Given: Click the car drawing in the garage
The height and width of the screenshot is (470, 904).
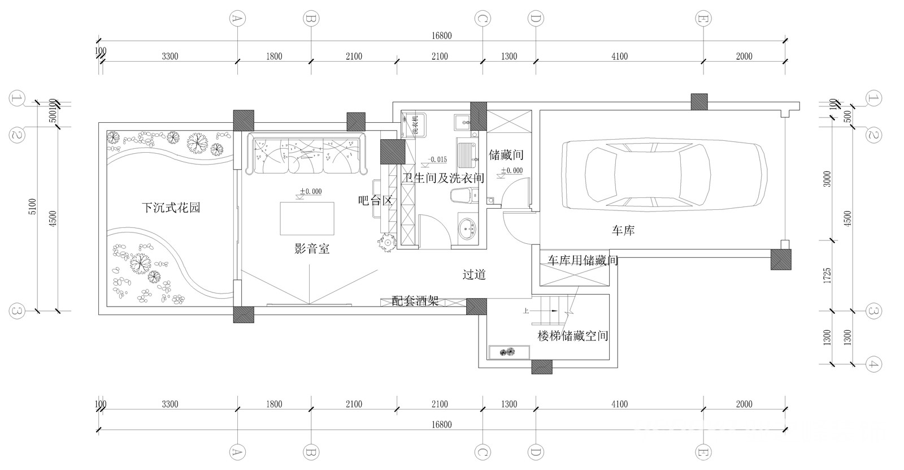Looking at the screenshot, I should pos(665,175).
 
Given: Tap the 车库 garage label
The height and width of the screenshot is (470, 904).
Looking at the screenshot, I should pos(623,231).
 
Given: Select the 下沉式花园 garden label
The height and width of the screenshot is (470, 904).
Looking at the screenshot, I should pos(171,208).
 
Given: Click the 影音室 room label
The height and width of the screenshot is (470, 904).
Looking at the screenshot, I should pos(312,248).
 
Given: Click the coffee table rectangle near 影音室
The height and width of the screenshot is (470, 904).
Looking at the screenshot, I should pos(307,218).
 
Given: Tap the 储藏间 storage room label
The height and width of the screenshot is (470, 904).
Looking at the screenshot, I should pos(506,154).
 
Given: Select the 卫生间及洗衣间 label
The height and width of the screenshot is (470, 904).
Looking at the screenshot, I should pos(443,178).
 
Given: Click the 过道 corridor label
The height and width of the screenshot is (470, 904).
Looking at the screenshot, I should pos(474,275).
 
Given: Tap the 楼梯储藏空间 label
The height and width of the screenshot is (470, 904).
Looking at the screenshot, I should pos(573,336).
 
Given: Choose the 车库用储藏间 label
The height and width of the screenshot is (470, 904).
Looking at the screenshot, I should pos(583,261).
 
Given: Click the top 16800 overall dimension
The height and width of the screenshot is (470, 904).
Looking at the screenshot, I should pos(442,36).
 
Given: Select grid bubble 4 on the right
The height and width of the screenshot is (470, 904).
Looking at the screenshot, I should pos(873,364).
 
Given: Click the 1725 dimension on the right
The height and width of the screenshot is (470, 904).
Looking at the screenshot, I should pos(827,275).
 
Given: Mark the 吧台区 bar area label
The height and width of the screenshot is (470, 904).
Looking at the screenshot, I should pos(375,201).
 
